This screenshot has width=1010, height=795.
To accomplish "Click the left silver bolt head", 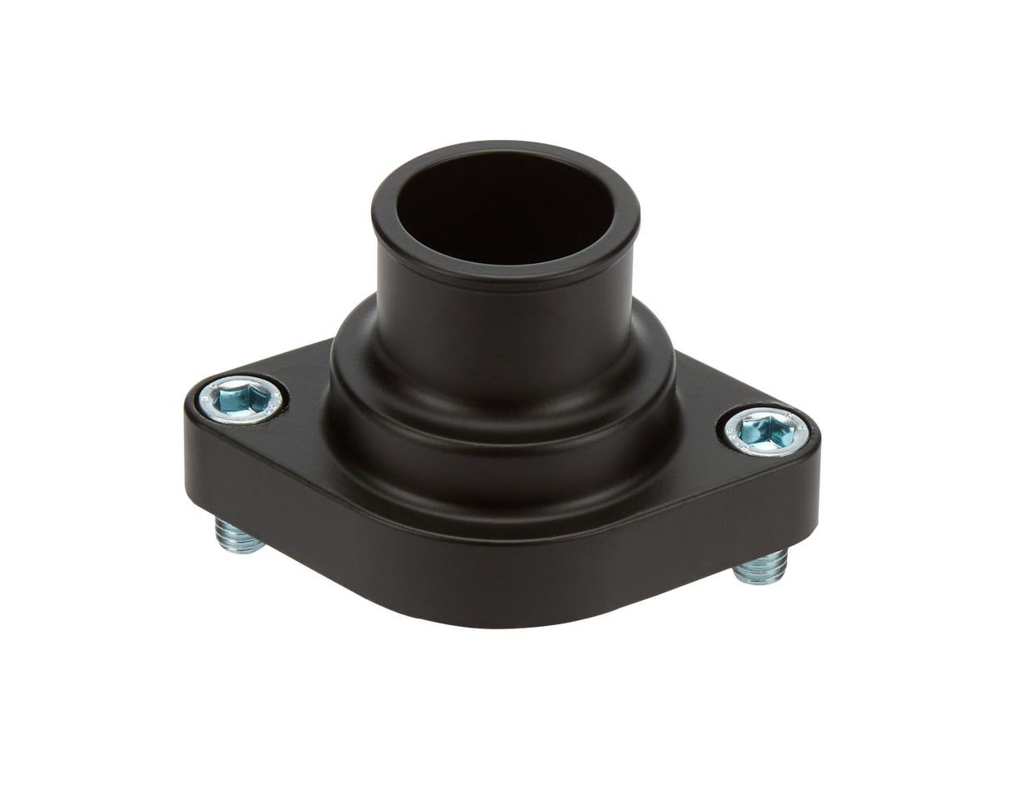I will pyautogui.click(x=242, y=399).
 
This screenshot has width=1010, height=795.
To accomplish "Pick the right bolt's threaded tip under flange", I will pyautogui.click(x=761, y=568).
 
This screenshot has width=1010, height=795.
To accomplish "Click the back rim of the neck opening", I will pyautogui.click(x=499, y=149).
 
